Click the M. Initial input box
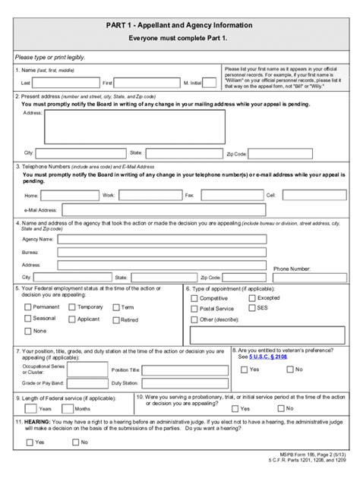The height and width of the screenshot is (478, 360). [210, 82]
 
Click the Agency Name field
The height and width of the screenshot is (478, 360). [162, 239]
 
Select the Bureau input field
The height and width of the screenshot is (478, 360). [162, 252]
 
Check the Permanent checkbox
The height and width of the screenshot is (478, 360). [27, 307]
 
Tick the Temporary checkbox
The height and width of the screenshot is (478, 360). [71, 307]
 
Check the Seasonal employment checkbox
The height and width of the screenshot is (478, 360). [27, 319]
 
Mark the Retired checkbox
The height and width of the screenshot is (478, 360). [115, 319]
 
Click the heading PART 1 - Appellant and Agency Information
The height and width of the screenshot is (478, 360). [179, 25]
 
